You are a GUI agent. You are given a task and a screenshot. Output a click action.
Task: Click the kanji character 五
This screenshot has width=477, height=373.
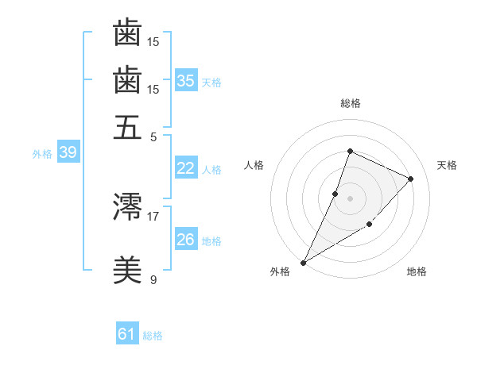[128, 126]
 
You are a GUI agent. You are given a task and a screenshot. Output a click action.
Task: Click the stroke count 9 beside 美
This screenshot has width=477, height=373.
[153, 279]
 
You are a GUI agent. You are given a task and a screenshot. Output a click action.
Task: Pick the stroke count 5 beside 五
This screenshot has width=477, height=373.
[153, 136]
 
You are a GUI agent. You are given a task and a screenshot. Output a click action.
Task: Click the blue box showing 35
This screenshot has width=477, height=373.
[185, 80]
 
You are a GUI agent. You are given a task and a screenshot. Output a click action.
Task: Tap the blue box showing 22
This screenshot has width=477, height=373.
[185, 168]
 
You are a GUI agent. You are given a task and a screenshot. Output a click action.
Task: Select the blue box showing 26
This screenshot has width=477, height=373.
[185, 240]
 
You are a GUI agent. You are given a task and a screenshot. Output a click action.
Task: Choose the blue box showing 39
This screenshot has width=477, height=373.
[68, 153]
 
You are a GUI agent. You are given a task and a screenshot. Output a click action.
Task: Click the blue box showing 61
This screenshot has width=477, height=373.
[126, 334]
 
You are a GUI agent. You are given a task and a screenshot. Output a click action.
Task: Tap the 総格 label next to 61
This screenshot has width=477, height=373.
[153, 336]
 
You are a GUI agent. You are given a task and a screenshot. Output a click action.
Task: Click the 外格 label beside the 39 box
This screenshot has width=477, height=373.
[42, 154]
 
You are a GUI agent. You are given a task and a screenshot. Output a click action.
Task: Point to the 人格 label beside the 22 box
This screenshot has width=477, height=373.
[211, 169]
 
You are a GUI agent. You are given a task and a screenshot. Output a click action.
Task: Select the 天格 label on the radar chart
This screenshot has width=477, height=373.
[447, 165]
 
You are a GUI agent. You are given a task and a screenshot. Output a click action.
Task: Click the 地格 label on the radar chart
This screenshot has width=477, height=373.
[417, 272]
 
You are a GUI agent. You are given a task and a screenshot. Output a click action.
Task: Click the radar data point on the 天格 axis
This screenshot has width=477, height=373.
[410, 179]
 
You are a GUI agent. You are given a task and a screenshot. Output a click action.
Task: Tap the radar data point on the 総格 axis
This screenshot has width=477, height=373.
[350, 151]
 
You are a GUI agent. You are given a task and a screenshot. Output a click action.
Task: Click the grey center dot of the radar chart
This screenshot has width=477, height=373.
[350, 198]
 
